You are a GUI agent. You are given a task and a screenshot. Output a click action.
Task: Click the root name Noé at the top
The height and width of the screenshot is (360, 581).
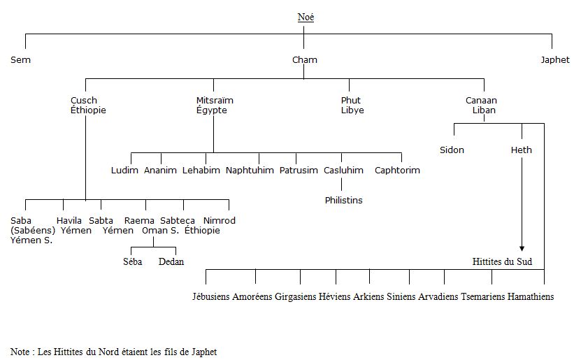[306, 17]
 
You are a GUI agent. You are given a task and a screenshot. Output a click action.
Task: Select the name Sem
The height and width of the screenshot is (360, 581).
[20, 59]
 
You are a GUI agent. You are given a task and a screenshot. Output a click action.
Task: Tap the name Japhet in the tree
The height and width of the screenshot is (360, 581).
[554, 59]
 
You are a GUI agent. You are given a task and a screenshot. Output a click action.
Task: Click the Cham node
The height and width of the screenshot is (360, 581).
[305, 59]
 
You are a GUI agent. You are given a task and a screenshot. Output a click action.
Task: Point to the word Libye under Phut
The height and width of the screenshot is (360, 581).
[352, 110]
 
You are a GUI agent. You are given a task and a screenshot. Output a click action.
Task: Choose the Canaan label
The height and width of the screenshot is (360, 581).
[481, 101]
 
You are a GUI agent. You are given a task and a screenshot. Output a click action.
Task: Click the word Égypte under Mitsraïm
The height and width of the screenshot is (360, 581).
[212, 110]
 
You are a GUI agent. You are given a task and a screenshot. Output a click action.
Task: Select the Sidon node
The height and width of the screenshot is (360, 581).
[452, 150]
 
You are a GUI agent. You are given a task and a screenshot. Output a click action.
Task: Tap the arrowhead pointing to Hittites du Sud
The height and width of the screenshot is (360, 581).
[522, 249]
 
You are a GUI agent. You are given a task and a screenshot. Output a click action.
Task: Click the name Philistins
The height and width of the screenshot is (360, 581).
[343, 201]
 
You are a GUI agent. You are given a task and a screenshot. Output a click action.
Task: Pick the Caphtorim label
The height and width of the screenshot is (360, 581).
[397, 171]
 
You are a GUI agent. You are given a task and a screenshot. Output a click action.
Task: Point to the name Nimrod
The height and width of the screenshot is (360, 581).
[220, 221]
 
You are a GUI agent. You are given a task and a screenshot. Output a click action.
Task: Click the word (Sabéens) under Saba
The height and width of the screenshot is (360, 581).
[33, 231]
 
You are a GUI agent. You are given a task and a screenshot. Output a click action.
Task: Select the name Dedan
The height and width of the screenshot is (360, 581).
[171, 262]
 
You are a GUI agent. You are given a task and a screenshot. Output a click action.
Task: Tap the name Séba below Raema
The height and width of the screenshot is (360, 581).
[133, 262]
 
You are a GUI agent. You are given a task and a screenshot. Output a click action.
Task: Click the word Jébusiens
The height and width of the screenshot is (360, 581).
[211, 296]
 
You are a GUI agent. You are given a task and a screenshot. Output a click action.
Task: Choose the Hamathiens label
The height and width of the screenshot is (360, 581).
[530, 296]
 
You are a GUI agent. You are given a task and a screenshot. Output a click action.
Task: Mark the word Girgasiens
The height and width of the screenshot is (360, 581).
[295, 296]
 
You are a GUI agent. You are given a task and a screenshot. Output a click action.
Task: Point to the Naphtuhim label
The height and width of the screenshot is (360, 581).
[250, 171]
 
